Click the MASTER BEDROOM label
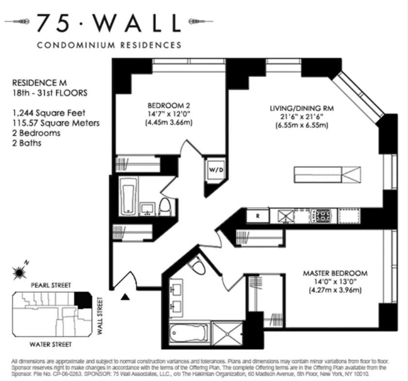point(335,273)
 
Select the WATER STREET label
point(50,345)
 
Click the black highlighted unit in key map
point(83,300)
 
